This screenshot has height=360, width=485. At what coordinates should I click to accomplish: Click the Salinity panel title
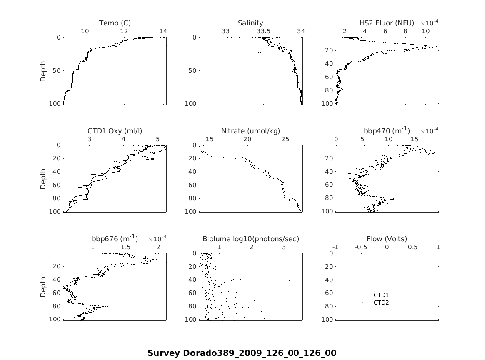250,23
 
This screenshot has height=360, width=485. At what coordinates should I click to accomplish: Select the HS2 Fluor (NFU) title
387,23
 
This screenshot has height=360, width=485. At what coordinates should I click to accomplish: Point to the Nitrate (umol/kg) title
250,131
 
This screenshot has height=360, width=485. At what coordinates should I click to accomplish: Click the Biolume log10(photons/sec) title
251,239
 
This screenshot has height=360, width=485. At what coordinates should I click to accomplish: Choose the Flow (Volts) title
387,239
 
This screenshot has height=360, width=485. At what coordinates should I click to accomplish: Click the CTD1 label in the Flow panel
381,295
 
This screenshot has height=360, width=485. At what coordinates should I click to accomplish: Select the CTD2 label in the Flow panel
381,302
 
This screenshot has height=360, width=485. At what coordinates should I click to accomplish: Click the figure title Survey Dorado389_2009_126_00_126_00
242,353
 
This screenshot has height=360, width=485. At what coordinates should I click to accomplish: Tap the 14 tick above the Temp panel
163,31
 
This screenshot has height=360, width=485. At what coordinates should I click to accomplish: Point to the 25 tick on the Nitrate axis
285,139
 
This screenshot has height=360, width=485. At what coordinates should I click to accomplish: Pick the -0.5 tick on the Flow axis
361,247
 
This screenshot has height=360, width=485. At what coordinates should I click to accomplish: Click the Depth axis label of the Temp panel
43,70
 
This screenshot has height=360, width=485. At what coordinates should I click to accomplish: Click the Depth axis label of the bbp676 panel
43,286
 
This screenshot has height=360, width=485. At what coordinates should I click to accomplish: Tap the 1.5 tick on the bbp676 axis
125,247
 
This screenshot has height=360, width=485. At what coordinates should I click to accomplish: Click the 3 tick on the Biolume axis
284,247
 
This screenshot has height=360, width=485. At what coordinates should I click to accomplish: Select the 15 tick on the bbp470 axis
415,139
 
